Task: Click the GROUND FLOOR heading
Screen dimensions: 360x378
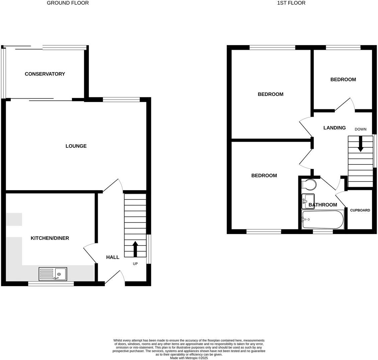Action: pos(68,3)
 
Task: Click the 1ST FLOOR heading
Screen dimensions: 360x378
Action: pos(291,3)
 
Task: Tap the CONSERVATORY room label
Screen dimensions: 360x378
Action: pos(45,74)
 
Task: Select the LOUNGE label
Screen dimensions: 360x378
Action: pos(76,146)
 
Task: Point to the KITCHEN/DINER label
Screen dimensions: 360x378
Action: pos(50,238)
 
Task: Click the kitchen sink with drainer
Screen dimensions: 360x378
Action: pos(53,274)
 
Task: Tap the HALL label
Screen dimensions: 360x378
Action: pos(113,257)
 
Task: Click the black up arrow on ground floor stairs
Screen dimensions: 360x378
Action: pos(135,249)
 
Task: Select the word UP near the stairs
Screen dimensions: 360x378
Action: pos(135,264)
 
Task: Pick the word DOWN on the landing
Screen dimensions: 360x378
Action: pos(361,129)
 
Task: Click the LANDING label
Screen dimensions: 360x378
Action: pos(335,128)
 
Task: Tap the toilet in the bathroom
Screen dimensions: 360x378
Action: pos(308,184)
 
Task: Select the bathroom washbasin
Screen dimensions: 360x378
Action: pos(308,201)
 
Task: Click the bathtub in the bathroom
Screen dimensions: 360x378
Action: pos(322,220)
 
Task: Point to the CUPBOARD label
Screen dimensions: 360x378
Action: pos(360,210)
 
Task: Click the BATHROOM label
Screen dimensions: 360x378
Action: pos(323,205)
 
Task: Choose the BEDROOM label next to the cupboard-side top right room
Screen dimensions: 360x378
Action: pos(343,80)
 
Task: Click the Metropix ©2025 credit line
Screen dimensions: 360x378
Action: pos(189,358)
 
